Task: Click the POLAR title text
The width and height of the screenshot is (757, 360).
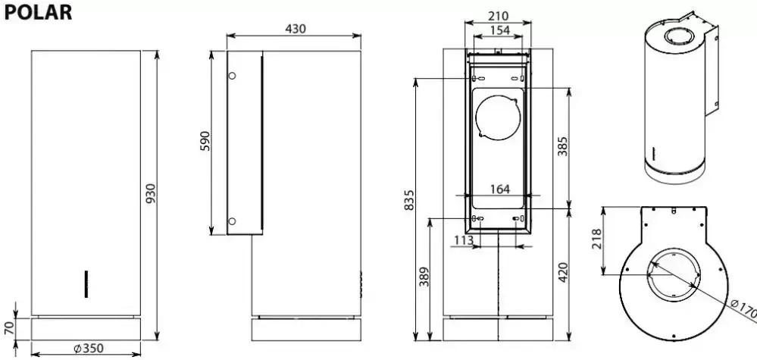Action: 38,12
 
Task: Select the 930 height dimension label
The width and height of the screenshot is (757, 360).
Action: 151,193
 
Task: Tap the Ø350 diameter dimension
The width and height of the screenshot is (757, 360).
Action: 89,348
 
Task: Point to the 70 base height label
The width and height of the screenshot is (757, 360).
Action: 9,329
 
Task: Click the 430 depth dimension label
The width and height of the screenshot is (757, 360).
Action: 296,29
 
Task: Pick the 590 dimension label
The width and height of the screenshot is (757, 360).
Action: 205,141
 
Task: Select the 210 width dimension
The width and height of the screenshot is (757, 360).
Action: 499,17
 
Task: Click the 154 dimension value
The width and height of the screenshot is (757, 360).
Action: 499,30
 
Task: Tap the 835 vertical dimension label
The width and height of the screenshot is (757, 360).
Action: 409,200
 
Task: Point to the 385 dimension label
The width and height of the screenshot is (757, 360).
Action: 563,146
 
